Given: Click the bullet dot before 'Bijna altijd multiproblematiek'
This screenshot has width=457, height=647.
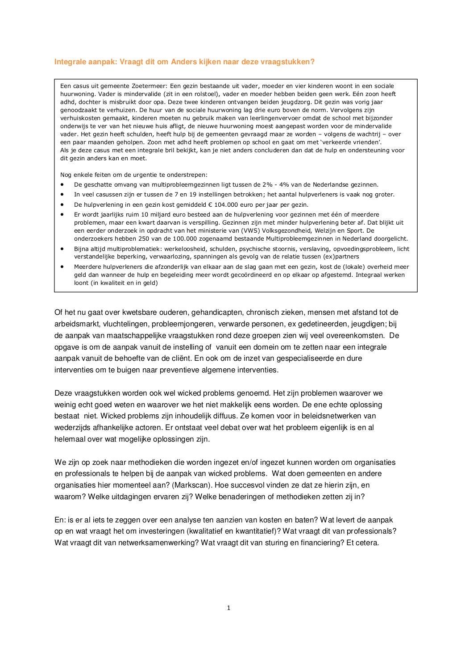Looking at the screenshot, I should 63,248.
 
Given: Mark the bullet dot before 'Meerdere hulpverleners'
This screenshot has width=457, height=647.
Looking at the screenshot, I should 63,267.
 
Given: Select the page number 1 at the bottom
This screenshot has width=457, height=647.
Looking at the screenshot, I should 228,607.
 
